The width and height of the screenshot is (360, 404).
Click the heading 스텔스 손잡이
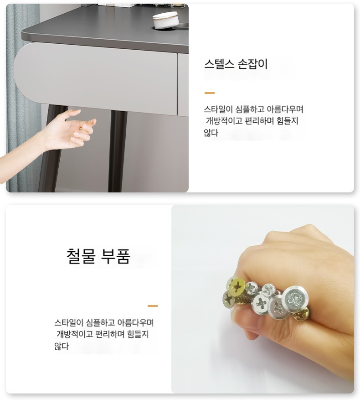pos(236,64)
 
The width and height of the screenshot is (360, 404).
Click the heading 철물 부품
pos(98,256)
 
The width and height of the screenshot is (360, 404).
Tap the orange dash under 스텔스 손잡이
pos(209,93)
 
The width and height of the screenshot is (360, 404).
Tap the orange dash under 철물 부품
pos(153,306)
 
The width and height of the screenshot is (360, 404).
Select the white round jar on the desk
pos(165,20)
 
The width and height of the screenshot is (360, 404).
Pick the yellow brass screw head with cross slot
pos(236,286)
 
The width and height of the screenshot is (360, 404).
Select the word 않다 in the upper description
pos(211,133)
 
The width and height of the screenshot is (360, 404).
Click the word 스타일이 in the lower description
pos(68,322)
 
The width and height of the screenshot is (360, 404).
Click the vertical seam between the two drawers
pos(178,84)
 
